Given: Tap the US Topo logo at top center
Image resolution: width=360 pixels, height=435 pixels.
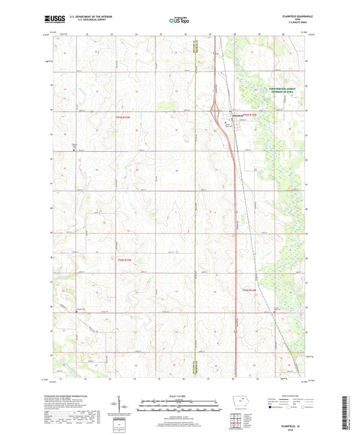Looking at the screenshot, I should [180, 21].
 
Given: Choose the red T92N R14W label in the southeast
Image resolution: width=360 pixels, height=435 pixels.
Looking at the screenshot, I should [250, 290].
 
